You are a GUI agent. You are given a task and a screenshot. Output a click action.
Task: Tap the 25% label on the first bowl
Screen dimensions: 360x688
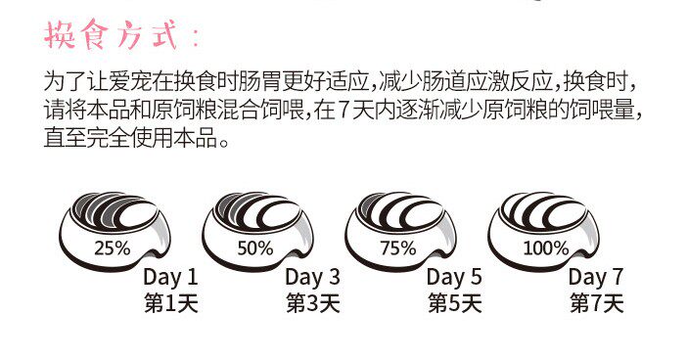click(x=112, y=247)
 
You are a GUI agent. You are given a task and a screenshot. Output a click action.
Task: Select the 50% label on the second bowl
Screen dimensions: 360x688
click(x=254, y=247)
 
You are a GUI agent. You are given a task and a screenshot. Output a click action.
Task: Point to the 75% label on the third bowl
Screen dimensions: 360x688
click(x=398, y=247)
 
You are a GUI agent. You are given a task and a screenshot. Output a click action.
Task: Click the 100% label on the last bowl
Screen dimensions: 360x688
click(x=545, y=247)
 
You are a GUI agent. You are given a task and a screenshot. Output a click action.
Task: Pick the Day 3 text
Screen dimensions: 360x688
click(x=313, y=277)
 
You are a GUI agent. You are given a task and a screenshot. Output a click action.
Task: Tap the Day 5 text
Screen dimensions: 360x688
click(x=454, y=277)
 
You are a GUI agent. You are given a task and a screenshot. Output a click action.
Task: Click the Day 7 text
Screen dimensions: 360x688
click(x=596, y=277)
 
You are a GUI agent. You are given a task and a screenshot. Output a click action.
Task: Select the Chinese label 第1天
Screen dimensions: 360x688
click(x=170, y=303)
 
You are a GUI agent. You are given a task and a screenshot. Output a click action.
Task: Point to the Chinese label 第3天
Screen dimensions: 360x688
click(x=313, y=303)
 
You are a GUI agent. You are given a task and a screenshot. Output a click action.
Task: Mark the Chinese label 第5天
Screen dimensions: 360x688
click(x=454, y=303)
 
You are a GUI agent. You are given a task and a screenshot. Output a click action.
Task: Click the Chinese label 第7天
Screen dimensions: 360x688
click(x=596, y=303)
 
